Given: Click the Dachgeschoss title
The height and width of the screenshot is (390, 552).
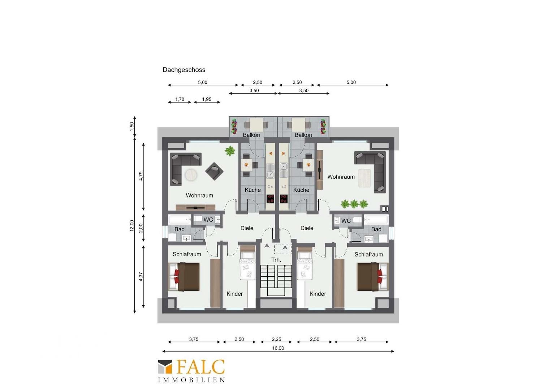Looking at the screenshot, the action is (184, 70).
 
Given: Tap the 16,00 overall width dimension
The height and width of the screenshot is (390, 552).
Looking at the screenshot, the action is (278, 348).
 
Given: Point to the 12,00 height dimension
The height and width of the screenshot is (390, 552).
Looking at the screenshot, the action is (132, 225).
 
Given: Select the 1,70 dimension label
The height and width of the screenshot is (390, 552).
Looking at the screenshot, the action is (180, 99).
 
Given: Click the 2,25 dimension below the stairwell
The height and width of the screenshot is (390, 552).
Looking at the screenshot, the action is (276, 339).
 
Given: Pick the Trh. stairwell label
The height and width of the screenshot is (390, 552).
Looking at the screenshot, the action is (276, 260).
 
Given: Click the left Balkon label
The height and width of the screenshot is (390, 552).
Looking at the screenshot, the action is (251, 135).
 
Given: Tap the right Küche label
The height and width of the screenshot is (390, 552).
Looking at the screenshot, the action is (301, 190).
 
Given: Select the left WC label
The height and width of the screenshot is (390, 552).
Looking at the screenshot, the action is (208, 220).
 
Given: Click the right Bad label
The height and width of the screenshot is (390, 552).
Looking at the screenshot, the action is (376, 229).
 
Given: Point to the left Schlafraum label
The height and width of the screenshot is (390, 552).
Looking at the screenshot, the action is (187, 254).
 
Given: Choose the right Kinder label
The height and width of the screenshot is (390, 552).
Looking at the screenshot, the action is (318, 294).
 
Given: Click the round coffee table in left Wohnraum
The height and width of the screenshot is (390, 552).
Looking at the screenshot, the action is (191, 175).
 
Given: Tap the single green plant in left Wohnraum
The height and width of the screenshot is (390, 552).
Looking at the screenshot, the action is (230, 151).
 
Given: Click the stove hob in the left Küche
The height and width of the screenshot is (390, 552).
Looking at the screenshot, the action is (270, 199).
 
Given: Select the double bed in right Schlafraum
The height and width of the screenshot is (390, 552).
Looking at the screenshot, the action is (372, 277).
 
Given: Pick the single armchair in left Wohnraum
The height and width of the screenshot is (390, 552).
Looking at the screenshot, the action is (214, 171).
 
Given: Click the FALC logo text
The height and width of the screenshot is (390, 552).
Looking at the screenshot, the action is (200, 367).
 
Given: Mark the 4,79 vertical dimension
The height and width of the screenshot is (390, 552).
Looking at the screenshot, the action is (141, 176).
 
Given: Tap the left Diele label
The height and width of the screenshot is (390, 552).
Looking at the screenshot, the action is (247, 228).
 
